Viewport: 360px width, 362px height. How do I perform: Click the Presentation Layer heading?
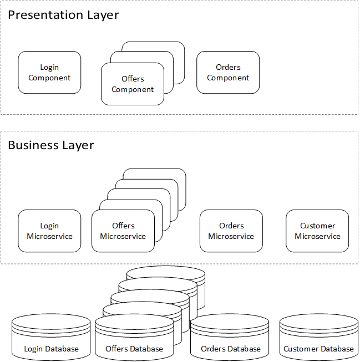coord(63,15)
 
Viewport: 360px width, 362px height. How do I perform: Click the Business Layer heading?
coord(51,145)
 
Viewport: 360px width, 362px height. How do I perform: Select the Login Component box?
coord(49,73)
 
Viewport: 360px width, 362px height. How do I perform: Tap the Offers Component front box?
coord(133,84)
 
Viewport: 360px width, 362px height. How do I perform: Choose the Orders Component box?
coord(228,73)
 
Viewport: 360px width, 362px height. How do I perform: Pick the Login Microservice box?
coord(49,231)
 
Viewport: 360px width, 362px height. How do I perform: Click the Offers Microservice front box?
coord(123,231)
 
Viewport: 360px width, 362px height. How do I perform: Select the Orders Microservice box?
coord(231,231)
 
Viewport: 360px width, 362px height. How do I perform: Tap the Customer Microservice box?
coord(317,231)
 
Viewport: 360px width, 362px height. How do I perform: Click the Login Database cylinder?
coord(51,337)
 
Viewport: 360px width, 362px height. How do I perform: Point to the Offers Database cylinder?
coord(134,338)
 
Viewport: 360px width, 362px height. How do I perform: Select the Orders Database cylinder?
coord(230,337)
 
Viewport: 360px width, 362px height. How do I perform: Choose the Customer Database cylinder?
coord(319,337)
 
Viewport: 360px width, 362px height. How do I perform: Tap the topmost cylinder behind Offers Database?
coord(166,271)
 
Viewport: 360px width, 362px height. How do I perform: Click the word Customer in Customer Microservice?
coord(317,226)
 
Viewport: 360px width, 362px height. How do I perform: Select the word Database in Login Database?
coord(62,349)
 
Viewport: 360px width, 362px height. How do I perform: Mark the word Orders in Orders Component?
coord(228,67)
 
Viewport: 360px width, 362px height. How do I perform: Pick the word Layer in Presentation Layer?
coord(103,15)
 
